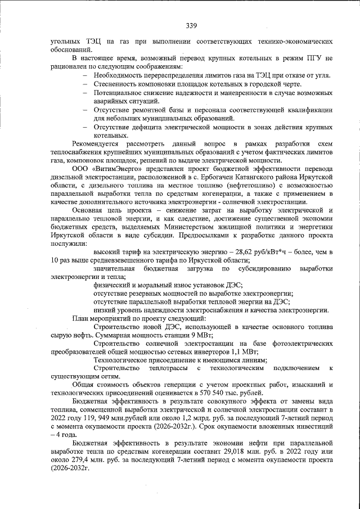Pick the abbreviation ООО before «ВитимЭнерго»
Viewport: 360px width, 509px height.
[x=81, y=168]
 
